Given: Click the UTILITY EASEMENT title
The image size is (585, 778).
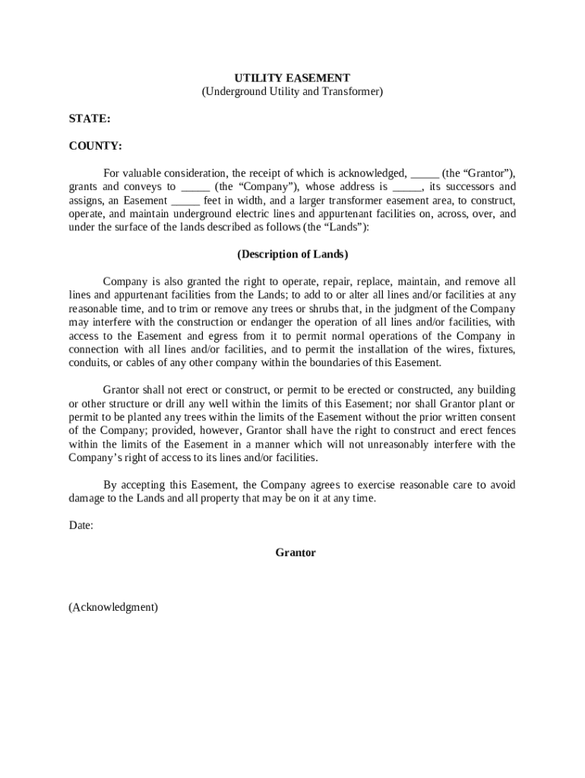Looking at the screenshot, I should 292,78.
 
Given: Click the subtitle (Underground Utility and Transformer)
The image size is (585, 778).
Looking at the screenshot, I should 292,92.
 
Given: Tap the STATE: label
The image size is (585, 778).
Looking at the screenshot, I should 90,119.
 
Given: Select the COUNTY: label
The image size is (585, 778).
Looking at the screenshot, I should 95,145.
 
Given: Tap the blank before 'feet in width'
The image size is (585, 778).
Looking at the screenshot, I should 185,201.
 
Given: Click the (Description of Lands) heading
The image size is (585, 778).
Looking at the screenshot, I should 292,254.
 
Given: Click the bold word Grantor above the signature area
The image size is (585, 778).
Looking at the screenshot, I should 296,552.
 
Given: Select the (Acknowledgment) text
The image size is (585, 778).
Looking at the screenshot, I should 113,607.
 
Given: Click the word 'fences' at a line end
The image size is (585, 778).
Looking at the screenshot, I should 499,431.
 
